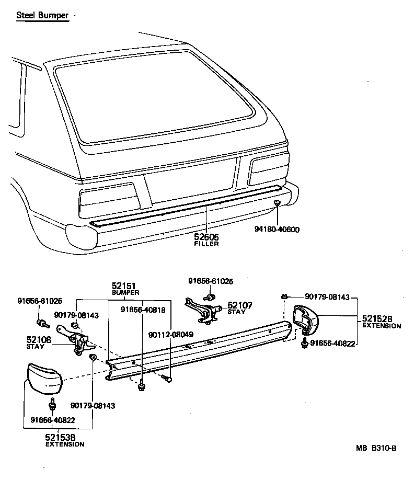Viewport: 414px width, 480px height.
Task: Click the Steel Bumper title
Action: click(x=42, y=15)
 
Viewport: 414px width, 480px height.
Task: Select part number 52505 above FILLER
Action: click(x=206, y=237)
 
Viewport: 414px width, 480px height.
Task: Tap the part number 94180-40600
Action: click(x=277, y=229)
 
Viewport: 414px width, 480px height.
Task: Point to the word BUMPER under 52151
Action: click(x=125, y=293)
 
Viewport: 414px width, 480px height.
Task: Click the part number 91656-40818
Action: click(x=143, y=310)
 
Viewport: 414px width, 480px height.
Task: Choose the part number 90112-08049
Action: click(x=170, y=335)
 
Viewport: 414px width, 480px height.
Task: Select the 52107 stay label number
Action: click(x=239, y=305)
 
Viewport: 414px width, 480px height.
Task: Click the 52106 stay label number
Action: click(x=39, y=340)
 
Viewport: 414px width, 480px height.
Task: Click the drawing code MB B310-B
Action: click(x=376, y=448)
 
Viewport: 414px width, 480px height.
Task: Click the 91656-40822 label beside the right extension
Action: click(x=333, y=343)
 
